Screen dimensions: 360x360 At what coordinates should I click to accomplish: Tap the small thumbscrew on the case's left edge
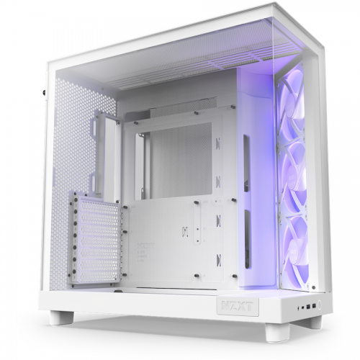click(x=43, y=92)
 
